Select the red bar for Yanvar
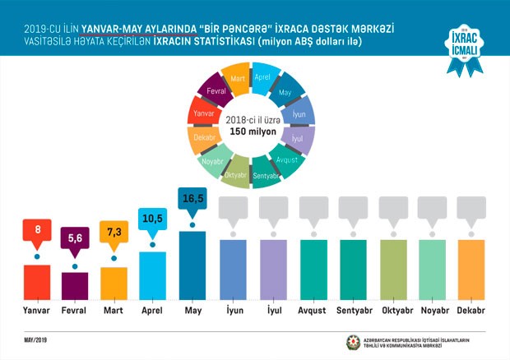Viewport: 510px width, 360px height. [38, 282]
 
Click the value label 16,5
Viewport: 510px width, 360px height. [192, 200]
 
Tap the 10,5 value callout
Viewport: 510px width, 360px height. [153, 221]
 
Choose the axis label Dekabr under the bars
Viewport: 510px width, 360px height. [469, 312]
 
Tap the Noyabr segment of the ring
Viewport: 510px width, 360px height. [214, 161]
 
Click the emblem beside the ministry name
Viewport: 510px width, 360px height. [354, 341]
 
